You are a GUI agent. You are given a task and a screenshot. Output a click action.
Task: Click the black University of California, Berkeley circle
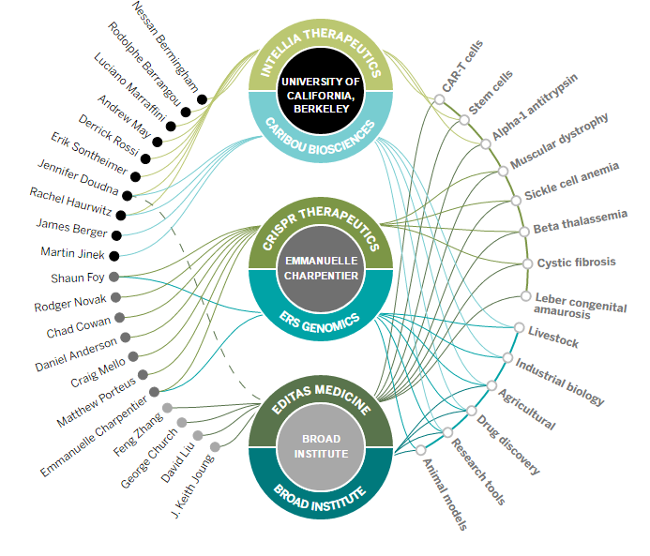point(319,94)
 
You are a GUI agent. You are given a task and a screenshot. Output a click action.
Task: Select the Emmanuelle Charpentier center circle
point(320,267)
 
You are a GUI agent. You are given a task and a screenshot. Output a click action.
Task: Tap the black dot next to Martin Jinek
point(113,255)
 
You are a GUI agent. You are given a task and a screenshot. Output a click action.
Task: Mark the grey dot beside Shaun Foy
point(113,276)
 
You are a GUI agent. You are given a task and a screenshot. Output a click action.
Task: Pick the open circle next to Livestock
point(519,327)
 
